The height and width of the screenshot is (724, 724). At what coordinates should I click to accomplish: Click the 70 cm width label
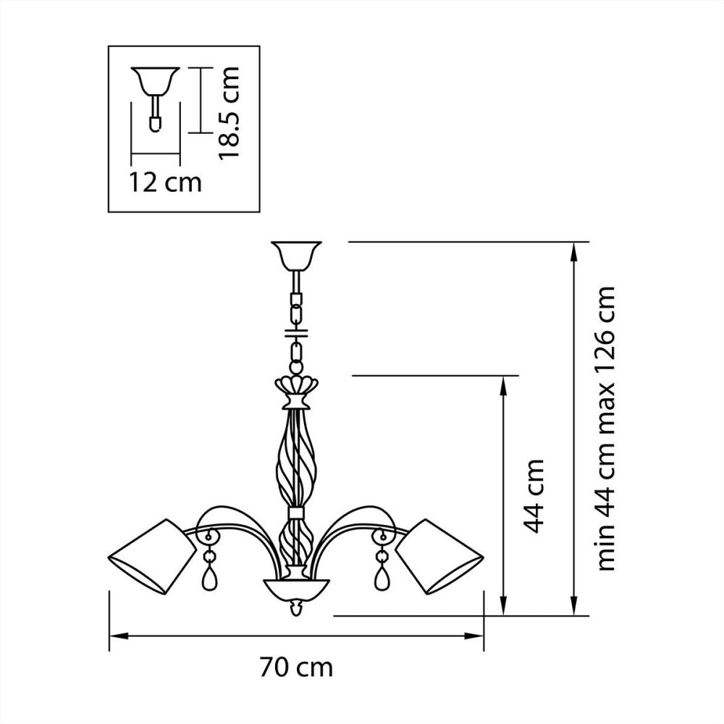pos(295,667)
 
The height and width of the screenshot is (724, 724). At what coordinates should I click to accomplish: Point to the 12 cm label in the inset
pos(166,182)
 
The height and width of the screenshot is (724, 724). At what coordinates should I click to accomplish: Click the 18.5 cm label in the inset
pos(230,114)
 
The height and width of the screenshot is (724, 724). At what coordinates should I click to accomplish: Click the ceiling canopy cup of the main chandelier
pos(295,255)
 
